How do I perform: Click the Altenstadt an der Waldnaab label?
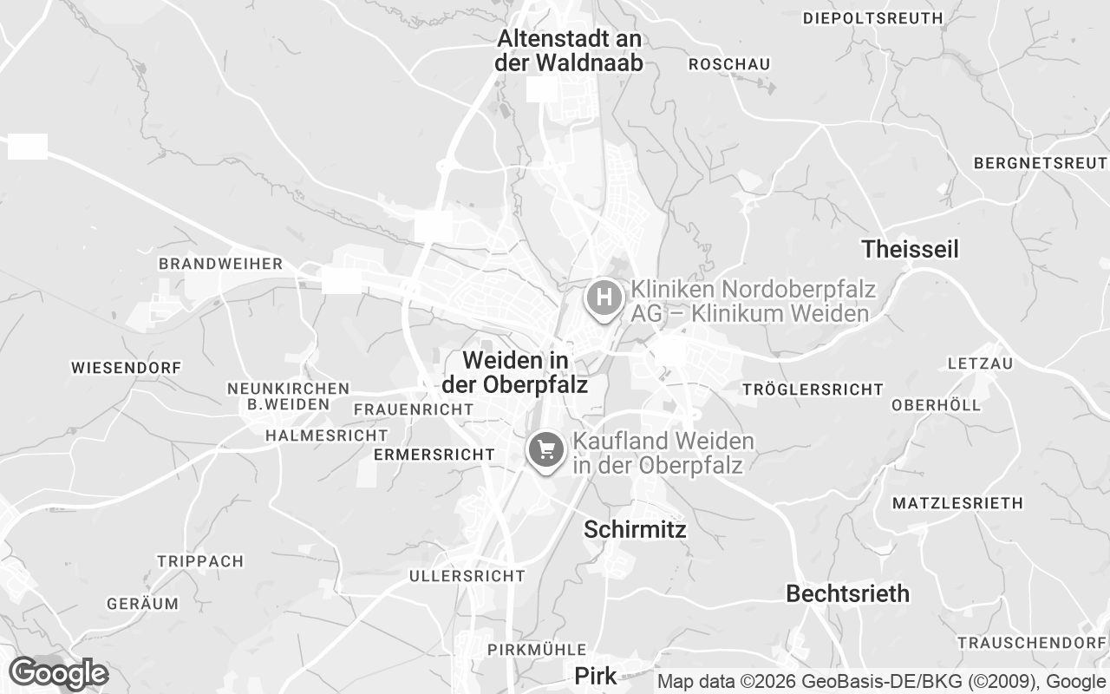pos(569,50)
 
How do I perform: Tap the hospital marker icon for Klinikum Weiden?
pos(604,298)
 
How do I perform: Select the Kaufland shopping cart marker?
pos(546,449)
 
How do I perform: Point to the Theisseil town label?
pos(911,250)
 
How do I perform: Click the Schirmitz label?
pos(635,529)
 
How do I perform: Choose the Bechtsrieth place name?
pos(848,593)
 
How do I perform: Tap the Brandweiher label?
pos(220,264)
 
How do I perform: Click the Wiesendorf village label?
pos(127,368)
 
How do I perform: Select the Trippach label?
pos(200,561)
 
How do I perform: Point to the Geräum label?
pos(142,603)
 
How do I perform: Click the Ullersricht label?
pos(467,576)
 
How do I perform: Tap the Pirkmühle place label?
pos(537,650)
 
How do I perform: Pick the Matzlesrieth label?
pos(957,503)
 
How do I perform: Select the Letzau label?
pos(980,363)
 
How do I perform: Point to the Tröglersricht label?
pos(813,390)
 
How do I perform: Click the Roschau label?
pos(729,64)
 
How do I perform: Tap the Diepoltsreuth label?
pos(872,17)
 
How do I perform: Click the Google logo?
pos(58,673)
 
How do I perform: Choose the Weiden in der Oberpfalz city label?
pos(515,371)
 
